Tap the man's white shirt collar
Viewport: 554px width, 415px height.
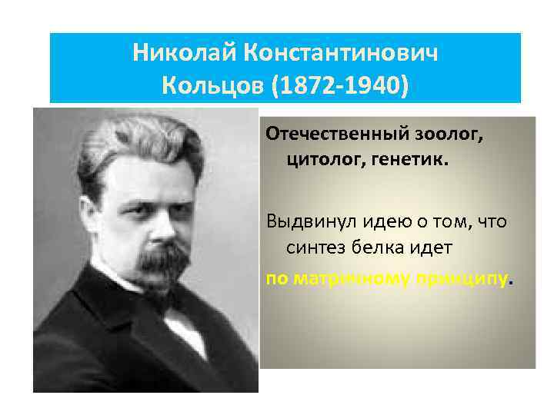(x=185, y=327)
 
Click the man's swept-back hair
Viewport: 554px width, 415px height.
(x=138, y=134)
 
